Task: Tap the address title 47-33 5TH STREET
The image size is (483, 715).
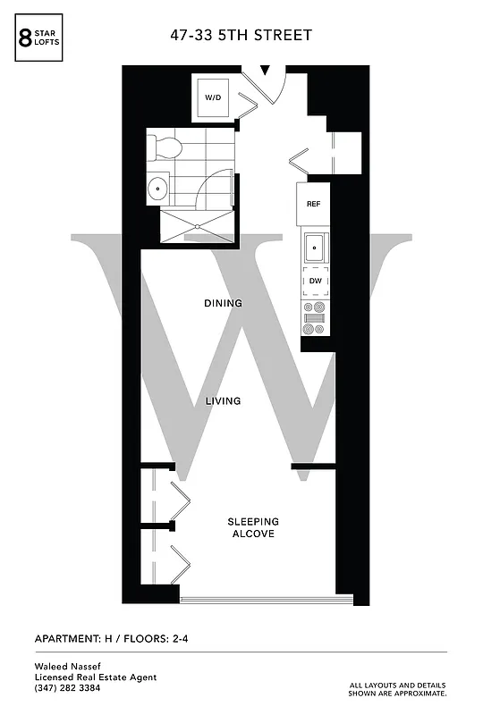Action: pyautogui.click(x=241, y=35)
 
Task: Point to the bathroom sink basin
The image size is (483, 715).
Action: pyautogui.click(x=158, y=188)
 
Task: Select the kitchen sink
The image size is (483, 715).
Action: pyautogui.click(x=315, y=246)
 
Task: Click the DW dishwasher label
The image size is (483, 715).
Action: pyautogui.click(x=315, y=282)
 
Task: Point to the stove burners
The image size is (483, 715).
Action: pyautogui.click(x=315, y=318)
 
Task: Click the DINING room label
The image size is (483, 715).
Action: pyautogui.click(x=223, y=304)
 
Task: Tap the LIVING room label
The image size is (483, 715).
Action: pyautogui.click(x=223, y=401)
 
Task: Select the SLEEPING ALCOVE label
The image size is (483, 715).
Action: pyautogui.click(x=252, y=527)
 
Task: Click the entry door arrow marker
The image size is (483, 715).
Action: pyautogui.click(x=266, y=69)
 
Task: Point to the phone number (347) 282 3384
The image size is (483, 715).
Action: pyautogui.click(x=67, y=687)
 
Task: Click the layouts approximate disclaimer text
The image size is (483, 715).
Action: pyautogui.click(x=398, y=689)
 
